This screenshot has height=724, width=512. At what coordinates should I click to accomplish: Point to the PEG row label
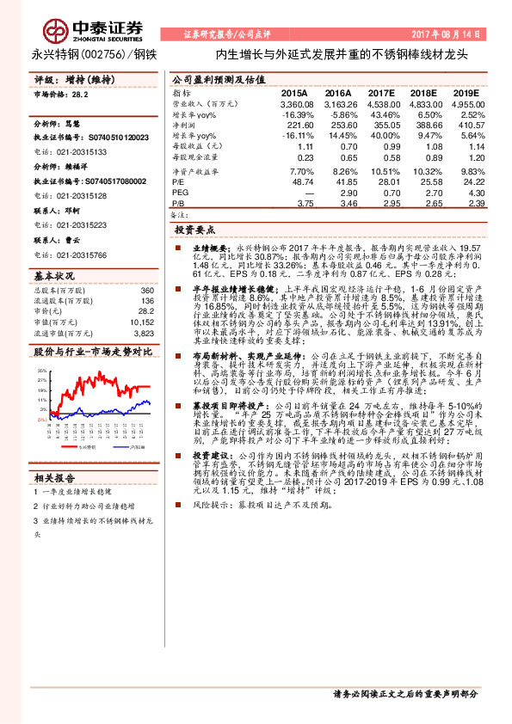click(x=180, y=193)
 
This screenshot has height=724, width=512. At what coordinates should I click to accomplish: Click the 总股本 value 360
click(x=146, y=291)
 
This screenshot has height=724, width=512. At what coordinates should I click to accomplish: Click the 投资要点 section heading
click(x=195, y=231)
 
